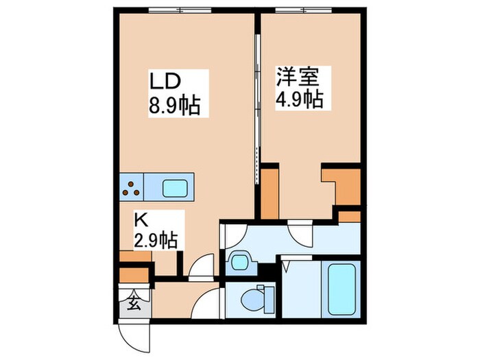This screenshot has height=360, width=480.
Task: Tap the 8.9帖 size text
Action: (x=176, y=106)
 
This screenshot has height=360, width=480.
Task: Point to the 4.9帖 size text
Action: (x=299, y=99)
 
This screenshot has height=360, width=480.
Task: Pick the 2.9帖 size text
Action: (x=156, y=240)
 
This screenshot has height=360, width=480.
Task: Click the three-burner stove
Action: (x=134, y=187)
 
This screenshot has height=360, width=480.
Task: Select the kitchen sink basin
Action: (x=177, y=187)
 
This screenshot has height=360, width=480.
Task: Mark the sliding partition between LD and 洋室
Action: (x=257, y=96)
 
